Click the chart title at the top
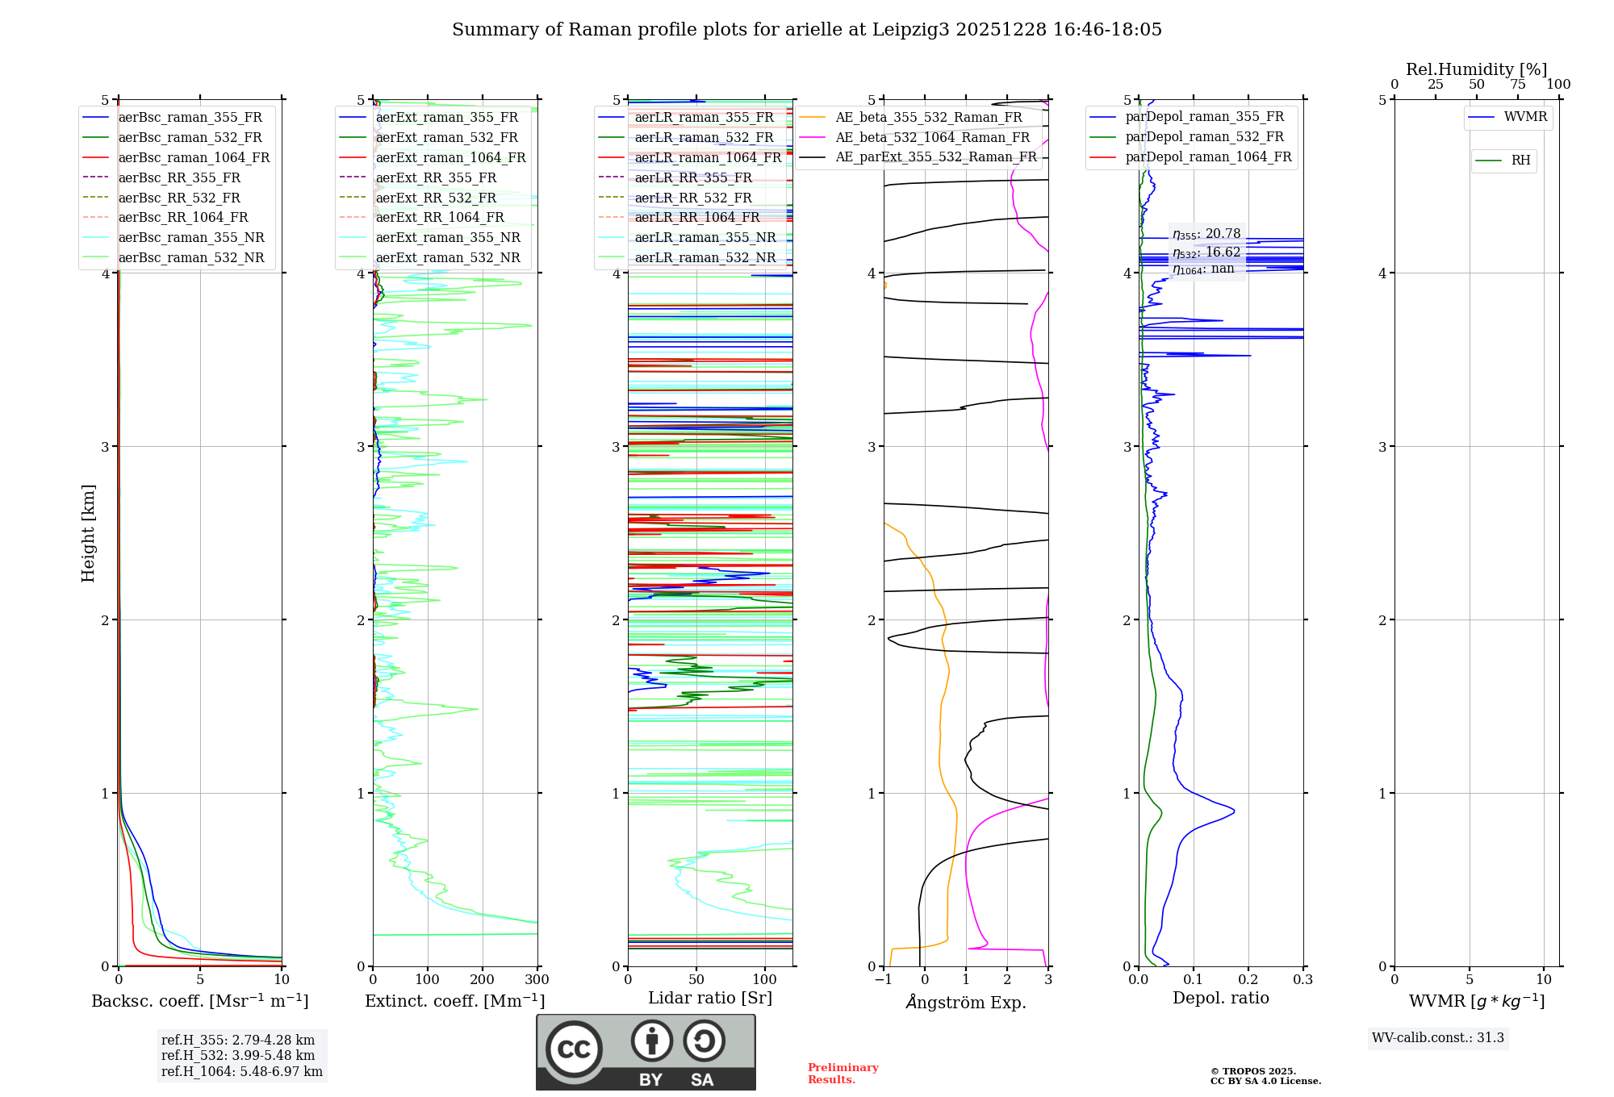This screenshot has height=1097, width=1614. tap(807, 30)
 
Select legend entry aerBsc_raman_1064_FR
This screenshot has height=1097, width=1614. tap(194, 157)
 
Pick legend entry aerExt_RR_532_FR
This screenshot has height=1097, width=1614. tap(436, 198)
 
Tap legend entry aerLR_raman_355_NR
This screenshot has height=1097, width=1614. tap(705, 237)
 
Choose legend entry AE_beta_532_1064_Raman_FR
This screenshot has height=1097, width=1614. tap(932, 137)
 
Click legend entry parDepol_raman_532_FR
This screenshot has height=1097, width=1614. tap(1204, 137)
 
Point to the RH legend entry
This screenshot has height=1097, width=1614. tap(1520, 161)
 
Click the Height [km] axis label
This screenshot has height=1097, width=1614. tap(88, 532)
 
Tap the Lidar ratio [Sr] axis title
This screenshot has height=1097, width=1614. tap(710, 998)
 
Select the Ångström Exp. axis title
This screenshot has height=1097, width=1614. tap(966, 1002)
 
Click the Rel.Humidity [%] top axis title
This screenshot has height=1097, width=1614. tap(1476, 69)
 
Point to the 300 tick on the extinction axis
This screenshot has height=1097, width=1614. tap(537, 979)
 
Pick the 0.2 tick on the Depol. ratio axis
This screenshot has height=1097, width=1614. tap(1248, 979)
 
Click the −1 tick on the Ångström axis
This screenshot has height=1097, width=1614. tap(884, 979)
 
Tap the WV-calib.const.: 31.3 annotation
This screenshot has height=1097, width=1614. tap(1438, 1038)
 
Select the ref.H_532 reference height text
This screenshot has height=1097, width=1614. tap(238, 1055)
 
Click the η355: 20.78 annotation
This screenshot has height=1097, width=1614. tap(1206, 234)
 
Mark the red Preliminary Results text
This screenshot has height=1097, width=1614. tap(843, 1073)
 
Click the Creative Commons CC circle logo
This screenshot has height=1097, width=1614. tap(574, 1049)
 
